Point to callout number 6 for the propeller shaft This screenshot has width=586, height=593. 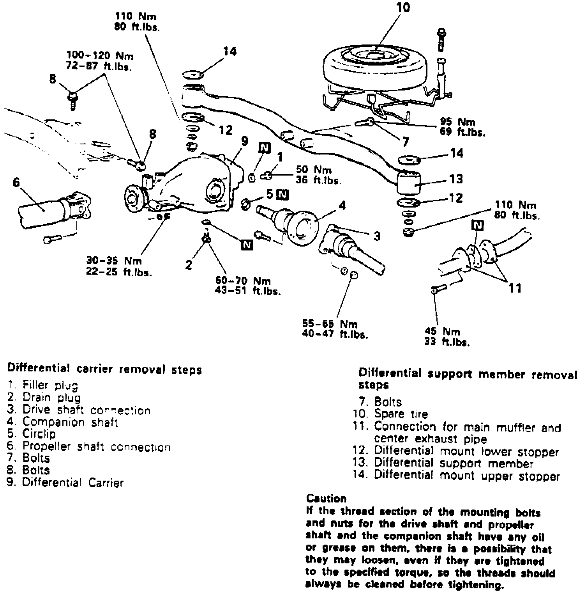pos(16,183)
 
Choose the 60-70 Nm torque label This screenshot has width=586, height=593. pos(243,281)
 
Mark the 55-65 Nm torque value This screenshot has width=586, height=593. pos(330,324)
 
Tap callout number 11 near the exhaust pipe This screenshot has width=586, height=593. pos(515,288)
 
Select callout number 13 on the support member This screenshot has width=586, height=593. pos(455,179)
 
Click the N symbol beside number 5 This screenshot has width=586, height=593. pos(282,194)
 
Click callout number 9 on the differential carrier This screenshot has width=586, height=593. pos(244,141)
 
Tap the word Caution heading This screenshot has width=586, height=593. pos(326,499)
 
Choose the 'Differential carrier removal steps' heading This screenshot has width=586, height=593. pos(105,369)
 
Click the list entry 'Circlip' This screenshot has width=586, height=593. pos(39,434)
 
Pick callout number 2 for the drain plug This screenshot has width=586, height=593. pos(189,265)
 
